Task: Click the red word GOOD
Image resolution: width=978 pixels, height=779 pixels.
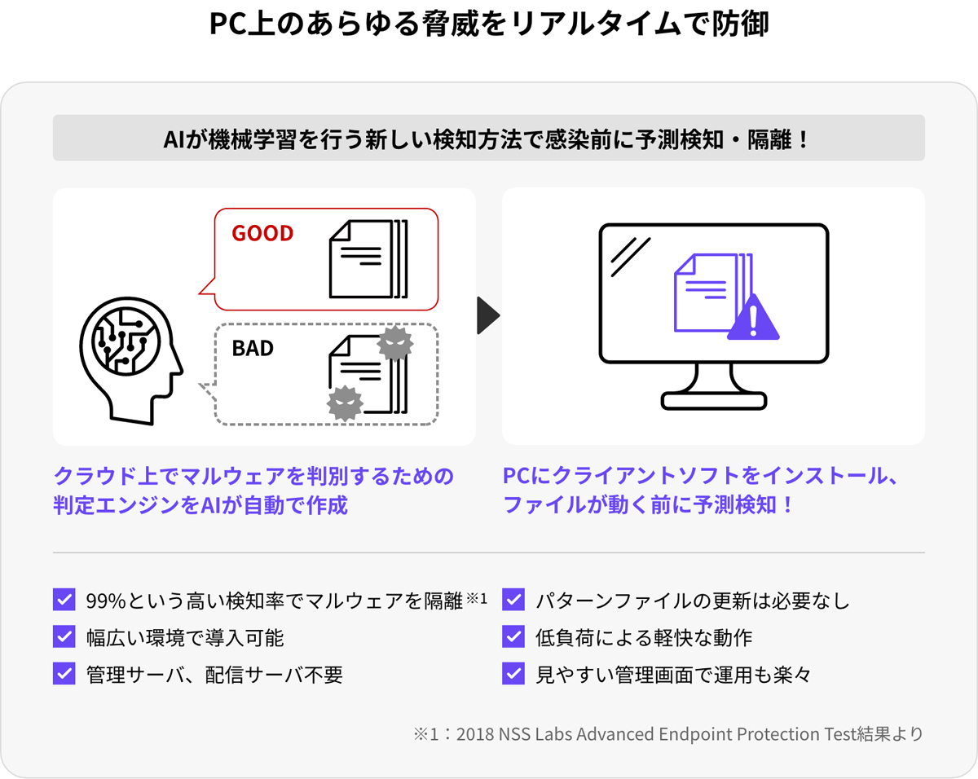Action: coord(262,233)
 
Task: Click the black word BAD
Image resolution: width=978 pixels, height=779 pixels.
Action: coord(253,348)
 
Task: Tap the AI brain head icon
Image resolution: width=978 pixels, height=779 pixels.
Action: coord(131,360)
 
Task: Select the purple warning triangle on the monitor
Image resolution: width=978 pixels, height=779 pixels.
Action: coord(753,317)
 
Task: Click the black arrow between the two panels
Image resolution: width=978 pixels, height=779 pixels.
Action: coord(488,315)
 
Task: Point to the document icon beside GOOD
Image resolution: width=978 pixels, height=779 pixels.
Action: coord(368,259)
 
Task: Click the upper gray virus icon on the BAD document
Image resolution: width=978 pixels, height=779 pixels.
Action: coord(395,343)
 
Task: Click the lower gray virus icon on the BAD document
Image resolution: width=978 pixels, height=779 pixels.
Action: coord(345,403)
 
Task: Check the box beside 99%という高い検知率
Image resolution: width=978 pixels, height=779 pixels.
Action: coord(64,600)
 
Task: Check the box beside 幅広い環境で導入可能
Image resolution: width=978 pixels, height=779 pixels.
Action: coord(64,636)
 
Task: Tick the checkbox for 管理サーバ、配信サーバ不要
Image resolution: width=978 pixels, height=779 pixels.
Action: coord(64,673)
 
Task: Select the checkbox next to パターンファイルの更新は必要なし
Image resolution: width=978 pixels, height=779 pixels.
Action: coord(513,600)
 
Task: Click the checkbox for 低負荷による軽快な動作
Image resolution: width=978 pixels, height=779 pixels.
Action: coord(513,636)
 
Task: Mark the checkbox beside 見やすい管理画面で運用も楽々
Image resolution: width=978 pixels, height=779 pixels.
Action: coord(513,673)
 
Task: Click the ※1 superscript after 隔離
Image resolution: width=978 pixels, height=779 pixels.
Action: coord(477,597)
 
